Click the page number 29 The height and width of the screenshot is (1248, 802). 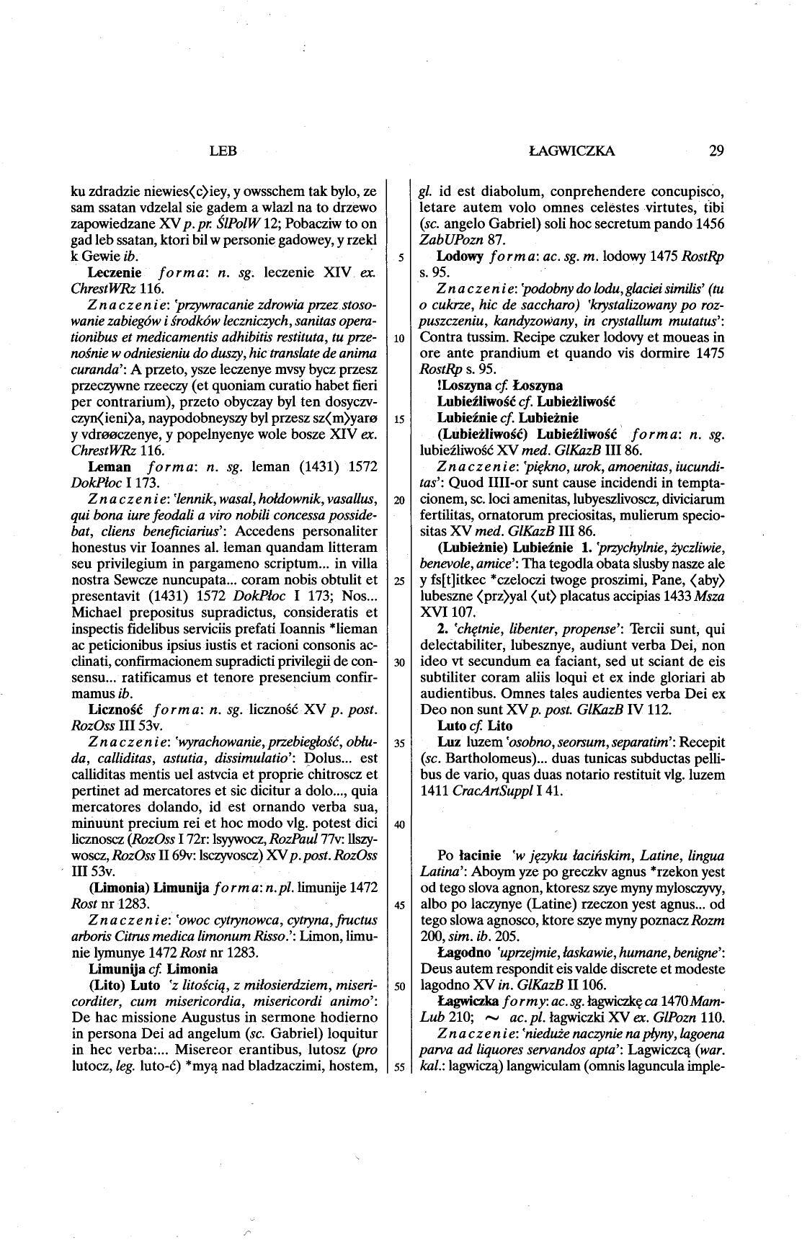coord(716,151)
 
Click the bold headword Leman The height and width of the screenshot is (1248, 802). coord(108,467)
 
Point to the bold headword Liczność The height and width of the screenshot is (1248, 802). coord(111,710)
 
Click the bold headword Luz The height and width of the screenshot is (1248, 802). coord(447,742)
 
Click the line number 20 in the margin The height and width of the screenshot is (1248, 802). coord(398,500)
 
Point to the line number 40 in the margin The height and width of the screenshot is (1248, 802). coord(398,823)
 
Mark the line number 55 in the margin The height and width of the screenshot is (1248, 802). coord(398,1066)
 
